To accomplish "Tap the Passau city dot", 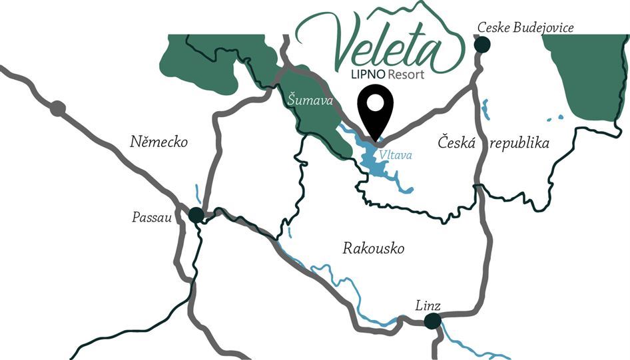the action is [x=196, y=215].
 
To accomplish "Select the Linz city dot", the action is [x=433, y=321].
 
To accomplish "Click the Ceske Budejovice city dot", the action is [x=481, y=45].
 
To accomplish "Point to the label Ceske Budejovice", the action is [x=525, y=27].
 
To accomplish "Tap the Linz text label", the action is [x=428, y=305].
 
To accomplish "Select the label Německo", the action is [x=159, y=142].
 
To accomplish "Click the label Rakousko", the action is [x=374, y=249].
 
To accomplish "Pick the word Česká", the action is [x=456, y=142].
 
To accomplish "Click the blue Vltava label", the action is [x=396, y=155].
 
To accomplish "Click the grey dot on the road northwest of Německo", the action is [x=58, y=108].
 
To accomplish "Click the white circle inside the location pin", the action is [x=376, y=103].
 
